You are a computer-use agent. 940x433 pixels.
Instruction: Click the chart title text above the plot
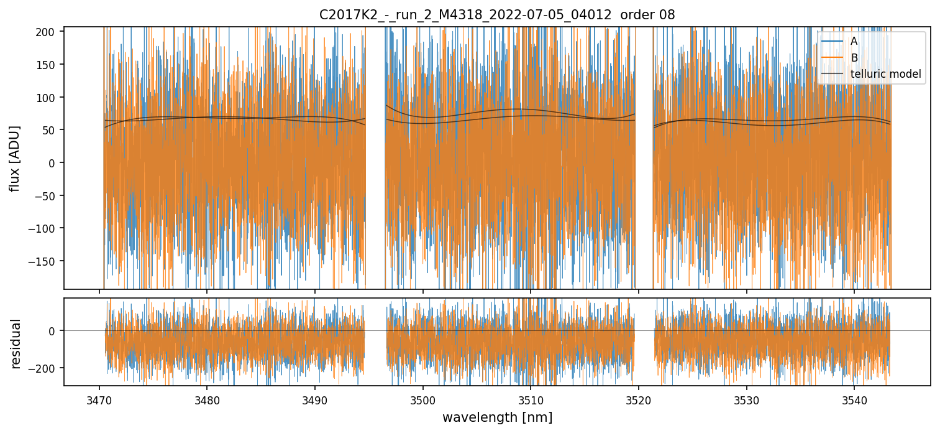(x=497, y=14)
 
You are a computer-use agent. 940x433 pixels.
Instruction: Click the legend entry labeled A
(x=854, y=41)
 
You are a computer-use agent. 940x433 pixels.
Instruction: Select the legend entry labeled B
(x=854, y=58)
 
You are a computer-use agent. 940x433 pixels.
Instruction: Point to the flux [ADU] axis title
(x=14, y=158)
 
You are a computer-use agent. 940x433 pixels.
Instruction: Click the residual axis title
(x=16, y=343)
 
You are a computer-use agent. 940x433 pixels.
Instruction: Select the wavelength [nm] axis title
(x=497, y=417)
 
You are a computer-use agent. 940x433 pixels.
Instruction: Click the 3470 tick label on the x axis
(x=99, y=399)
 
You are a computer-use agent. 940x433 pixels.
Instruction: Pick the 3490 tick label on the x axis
(x=314, y=399)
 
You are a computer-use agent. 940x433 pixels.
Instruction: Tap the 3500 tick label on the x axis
(x=422, y=399)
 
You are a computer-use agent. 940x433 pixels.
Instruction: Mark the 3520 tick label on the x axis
(x=638, y=399)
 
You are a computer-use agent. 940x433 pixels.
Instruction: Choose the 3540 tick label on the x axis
(x=854, y=399)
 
